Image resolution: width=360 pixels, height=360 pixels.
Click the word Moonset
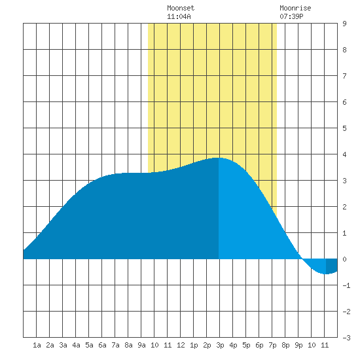click(181, 8)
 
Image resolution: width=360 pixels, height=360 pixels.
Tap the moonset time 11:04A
click(179, 16)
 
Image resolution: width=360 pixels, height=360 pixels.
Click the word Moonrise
click(295, 8)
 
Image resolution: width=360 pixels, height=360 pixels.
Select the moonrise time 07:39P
click(291, 16)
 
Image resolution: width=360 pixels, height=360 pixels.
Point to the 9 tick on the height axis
click(344, 24)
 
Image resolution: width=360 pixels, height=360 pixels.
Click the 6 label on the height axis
click(344, 102)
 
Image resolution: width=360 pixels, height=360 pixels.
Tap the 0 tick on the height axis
click(344, 259)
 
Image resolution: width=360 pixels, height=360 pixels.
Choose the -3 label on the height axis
click(346, 338)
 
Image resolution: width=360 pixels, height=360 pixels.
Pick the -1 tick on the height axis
click(346, 285)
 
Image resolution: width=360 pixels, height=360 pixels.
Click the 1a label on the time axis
click(37, 345)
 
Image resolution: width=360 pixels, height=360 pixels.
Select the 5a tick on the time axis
click(89, 345)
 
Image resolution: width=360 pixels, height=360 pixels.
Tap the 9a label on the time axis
click(141, 345)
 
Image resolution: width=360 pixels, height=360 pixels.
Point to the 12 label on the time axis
click(181, 345)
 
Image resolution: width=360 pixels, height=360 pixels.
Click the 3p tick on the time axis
click(220, 345)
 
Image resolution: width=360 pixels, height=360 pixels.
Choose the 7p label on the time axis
click(272, 345)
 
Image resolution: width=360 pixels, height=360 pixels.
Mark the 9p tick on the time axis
click(298, 345)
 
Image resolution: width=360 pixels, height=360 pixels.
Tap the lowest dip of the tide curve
click(325, 274)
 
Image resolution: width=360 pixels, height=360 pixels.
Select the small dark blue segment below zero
click(332, 265)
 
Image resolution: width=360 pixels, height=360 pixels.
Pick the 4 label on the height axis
click(344, 154)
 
